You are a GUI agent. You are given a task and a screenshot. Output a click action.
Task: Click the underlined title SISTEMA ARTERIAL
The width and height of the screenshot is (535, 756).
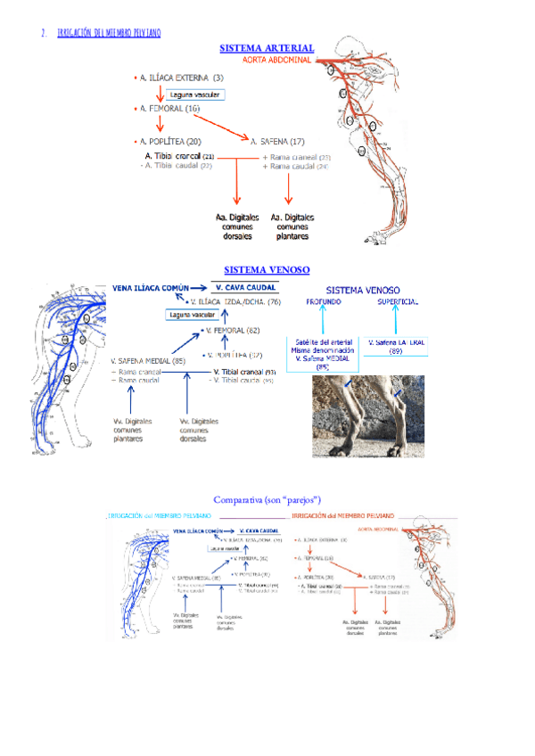(x=267, y=47)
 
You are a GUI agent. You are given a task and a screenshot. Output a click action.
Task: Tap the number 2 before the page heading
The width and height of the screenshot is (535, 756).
(x=44, y=33)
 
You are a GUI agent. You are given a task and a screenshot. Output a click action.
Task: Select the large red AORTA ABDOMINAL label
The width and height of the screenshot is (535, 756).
(x=277, y=60)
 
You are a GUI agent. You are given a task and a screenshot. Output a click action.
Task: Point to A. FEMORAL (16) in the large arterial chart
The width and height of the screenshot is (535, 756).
(x=169, y=109)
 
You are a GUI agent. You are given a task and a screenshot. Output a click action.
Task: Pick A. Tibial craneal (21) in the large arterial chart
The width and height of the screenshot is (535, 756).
(x=178, y=156)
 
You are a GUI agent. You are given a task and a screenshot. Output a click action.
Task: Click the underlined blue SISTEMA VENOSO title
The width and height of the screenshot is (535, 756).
(x=267, y=268)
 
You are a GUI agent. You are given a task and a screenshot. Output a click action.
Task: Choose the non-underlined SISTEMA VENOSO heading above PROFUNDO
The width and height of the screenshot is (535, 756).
(x=363, y=290)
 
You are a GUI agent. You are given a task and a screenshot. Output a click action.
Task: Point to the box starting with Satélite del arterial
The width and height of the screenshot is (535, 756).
(x=322, y=352)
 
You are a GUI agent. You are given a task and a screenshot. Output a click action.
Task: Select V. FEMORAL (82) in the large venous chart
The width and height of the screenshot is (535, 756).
(x=235, y=330)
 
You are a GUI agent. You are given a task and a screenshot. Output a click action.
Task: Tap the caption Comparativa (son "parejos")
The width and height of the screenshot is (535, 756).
(x=267, y=499)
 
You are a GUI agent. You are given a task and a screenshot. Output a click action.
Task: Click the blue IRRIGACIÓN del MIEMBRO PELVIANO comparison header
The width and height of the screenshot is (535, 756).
(x=159, y=516)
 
